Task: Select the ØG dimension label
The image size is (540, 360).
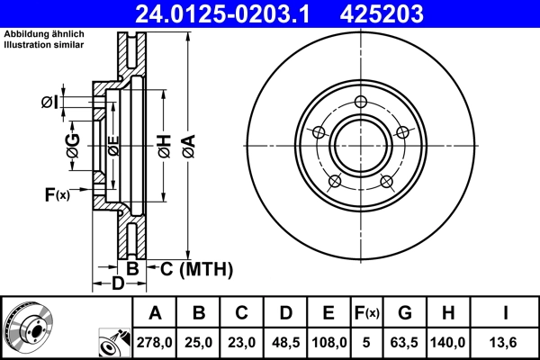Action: point(72,144)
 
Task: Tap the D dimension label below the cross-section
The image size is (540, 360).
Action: point(117,285)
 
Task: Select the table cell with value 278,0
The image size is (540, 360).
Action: point(155,343)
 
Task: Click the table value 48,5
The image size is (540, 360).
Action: point(284,343)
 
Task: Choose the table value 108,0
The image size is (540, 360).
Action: point(328,343)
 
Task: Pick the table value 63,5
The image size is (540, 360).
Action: point(405,343)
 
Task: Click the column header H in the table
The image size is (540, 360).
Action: point(447,313)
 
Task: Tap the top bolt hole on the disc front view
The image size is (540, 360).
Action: point(361,102)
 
